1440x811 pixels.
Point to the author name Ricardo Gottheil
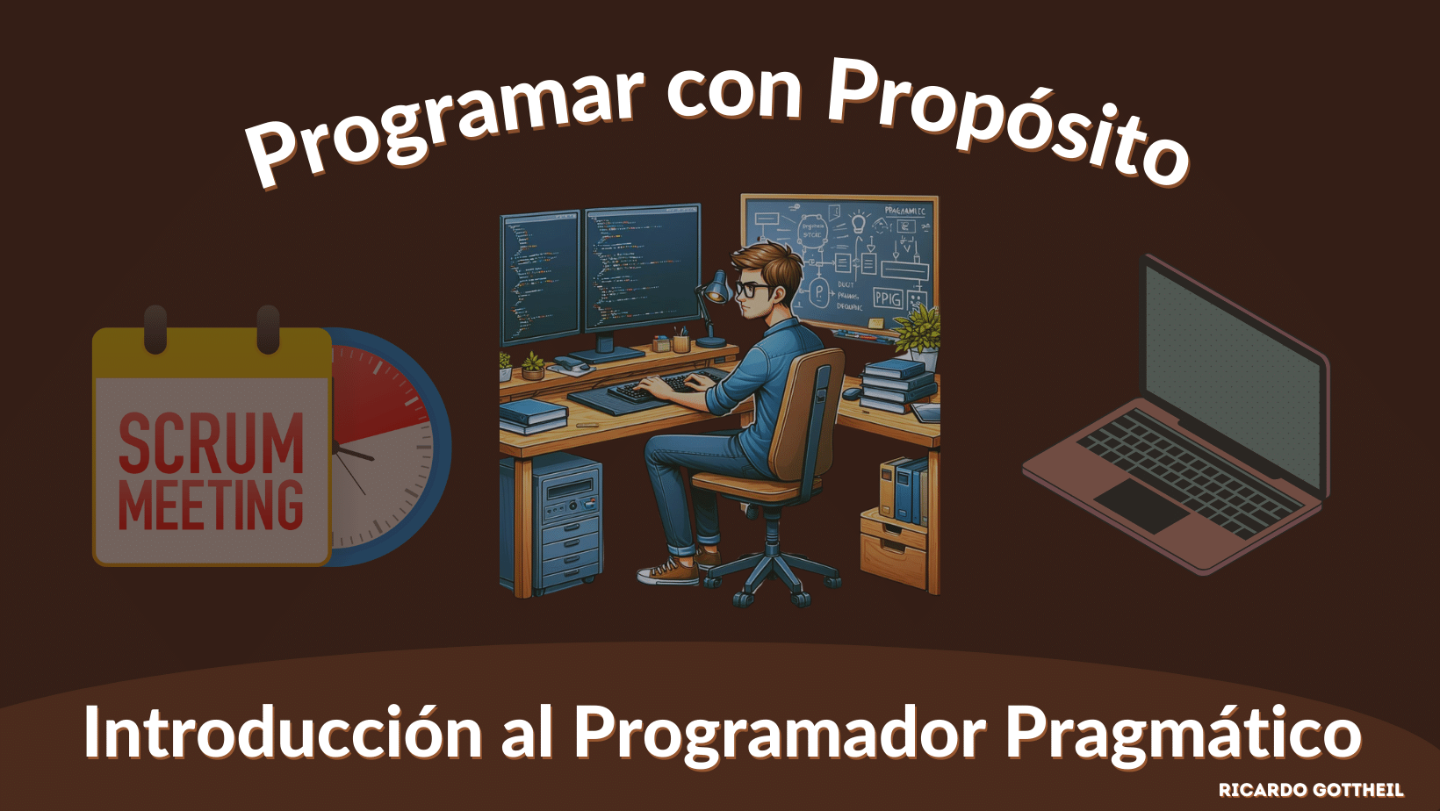[x=1310, y=790]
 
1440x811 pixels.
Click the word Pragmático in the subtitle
[x=1183, y=733]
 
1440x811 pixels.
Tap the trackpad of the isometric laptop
[x=1141, y=505]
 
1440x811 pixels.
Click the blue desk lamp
[x=716, y=290]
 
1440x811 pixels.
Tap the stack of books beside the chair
[x=896, y=386]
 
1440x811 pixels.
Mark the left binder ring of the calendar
[x=155, y=329]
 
